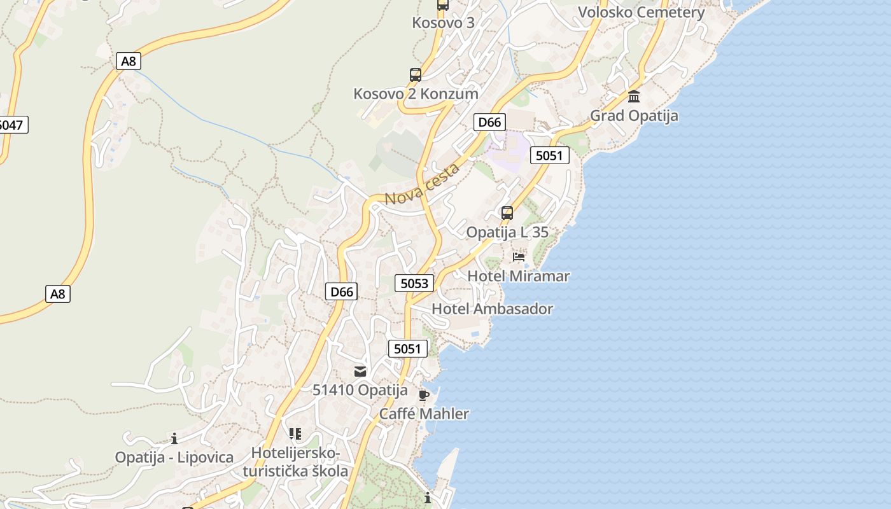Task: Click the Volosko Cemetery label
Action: pos(641,13)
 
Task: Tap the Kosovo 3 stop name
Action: pos(443,23)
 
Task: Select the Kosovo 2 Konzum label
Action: pos(416,94)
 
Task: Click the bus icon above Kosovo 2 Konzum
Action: pos(416,75)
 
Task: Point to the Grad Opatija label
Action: pos(634,116)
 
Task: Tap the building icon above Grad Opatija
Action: pos(634,97)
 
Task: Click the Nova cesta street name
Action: pos(422,185)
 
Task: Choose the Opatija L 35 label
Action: pos(507,232)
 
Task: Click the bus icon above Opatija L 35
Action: pos(507,213)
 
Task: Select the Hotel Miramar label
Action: pos(518,276)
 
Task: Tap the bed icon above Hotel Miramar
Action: pos(519,257)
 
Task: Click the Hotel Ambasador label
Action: pos(492,309)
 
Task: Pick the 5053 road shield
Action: pos(414,283)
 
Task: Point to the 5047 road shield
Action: pos(11,125)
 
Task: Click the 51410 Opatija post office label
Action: pos(360,390)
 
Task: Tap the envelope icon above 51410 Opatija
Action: pos(360,372)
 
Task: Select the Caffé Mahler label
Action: pos(424,414)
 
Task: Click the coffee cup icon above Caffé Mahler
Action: pos(424,396)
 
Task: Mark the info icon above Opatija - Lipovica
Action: pos(174,438)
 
